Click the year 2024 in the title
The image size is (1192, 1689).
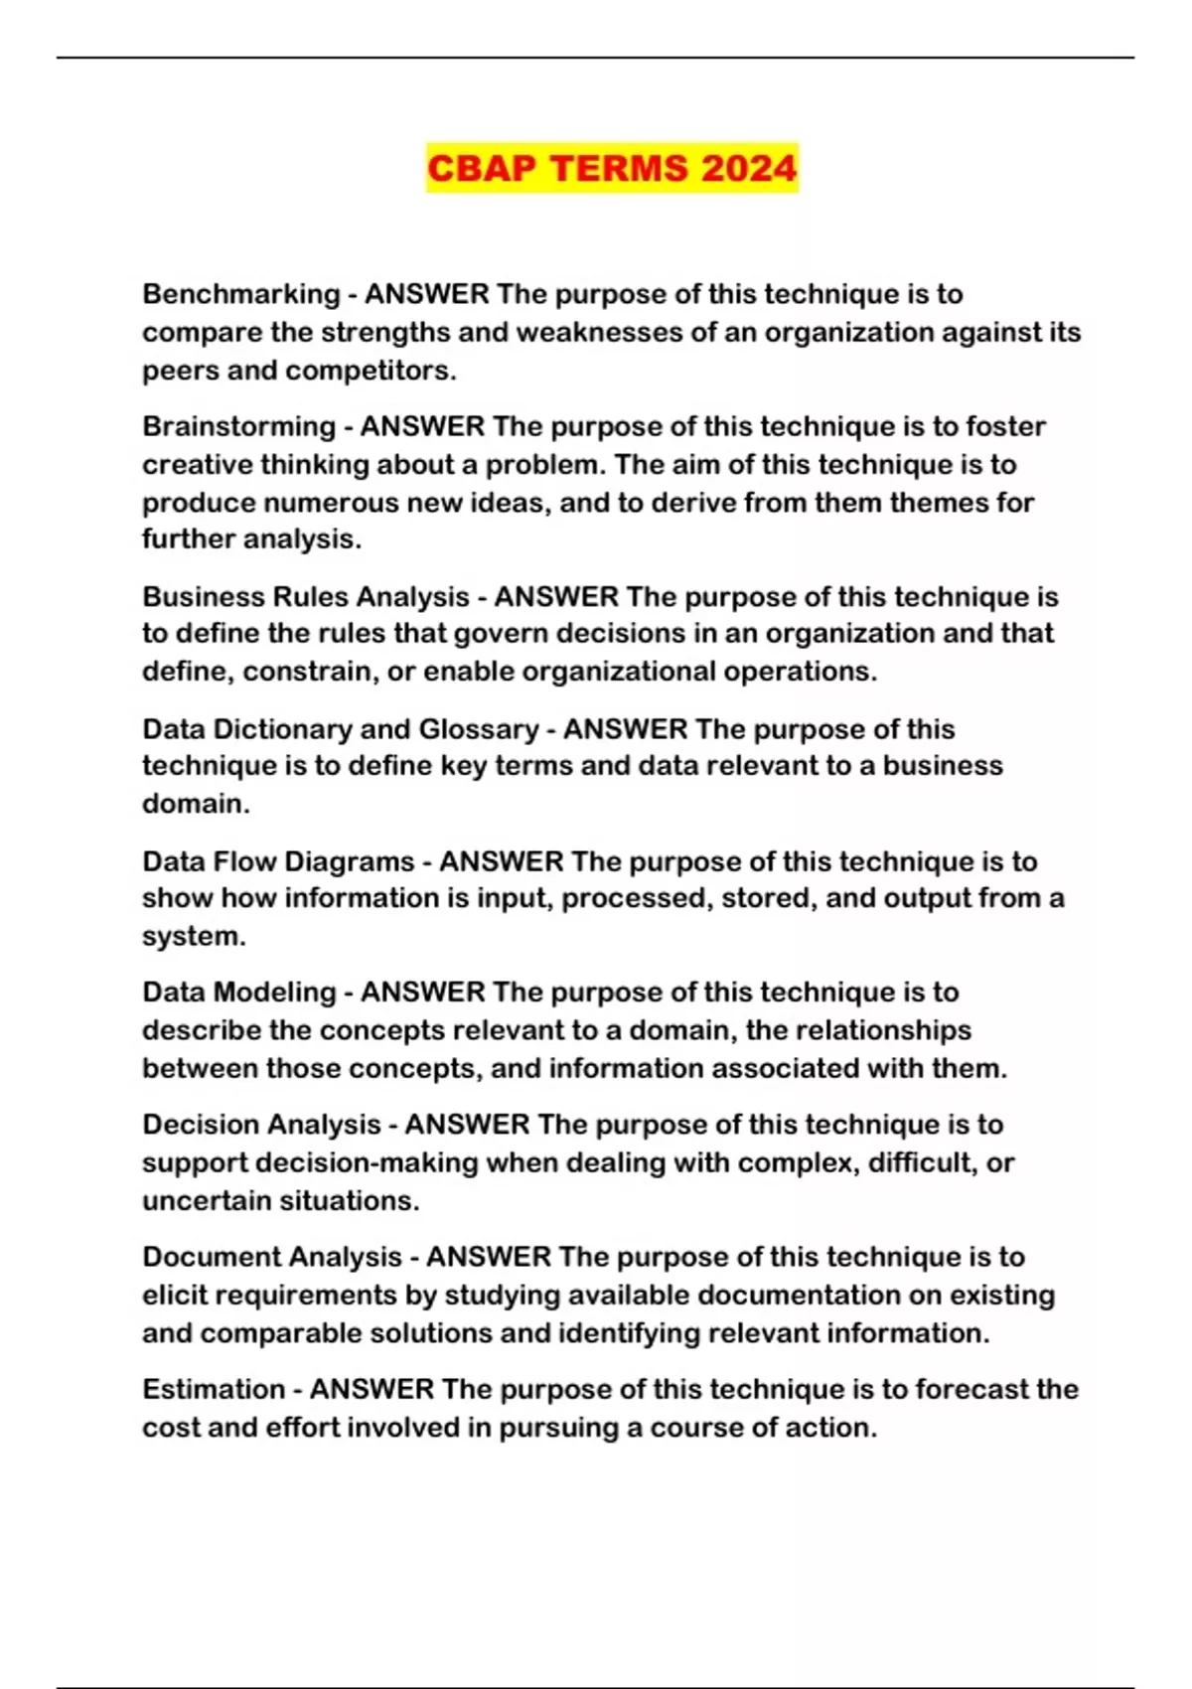(x=747, y=168)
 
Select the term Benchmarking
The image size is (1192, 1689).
(x=241, y=294)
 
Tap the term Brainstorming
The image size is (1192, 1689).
(x=239, y=426)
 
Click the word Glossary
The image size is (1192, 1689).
(x=479, y=729)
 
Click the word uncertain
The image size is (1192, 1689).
(x=207, y=1201)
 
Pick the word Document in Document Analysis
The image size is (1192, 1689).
(x=204, y=1257)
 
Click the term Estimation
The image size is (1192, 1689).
(x=214, y=1389)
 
